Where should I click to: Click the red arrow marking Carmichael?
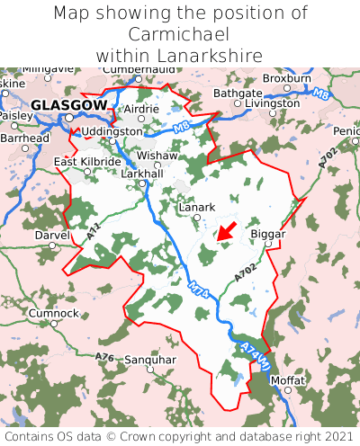pyautogui.click(x=227, y=231)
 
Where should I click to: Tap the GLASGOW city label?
pyautogui.click(x=68, y=105)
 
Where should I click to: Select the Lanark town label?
pyautogui.click(x=197, y=207)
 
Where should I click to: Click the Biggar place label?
pyautogui.click(x=267, y=234)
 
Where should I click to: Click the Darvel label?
pyautogui.click(x=51, y=235)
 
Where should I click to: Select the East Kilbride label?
pyautogui.click(x=87, y=162)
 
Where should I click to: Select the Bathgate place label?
pyautogui.click(x=238, y=93)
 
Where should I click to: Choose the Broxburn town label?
pyautogui.click(x=286, y=78)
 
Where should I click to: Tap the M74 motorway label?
pyautogui.click(x=200, y=290)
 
